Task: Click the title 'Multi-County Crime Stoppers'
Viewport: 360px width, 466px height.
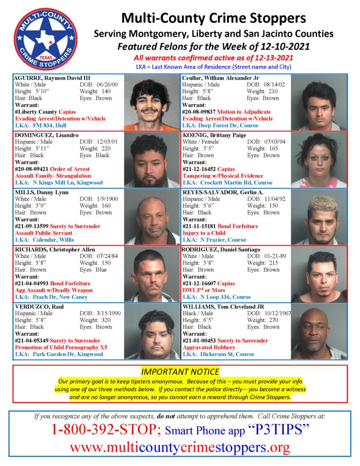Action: tap(213, 18)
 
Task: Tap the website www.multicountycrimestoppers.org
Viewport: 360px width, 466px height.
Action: tap(180, 447)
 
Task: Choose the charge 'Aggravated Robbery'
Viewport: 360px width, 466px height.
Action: tap(210, 348)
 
